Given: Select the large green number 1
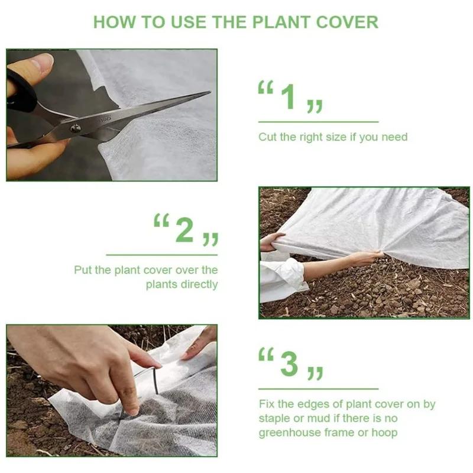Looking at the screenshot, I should tap(289, 97).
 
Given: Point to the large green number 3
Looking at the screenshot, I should tap(289, 363).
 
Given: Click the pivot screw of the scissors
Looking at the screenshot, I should tap(76, 128).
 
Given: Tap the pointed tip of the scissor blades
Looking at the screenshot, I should tap(209, 92).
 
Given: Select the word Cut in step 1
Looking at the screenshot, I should tap(267, 137).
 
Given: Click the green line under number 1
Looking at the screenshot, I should tap(318, 122).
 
